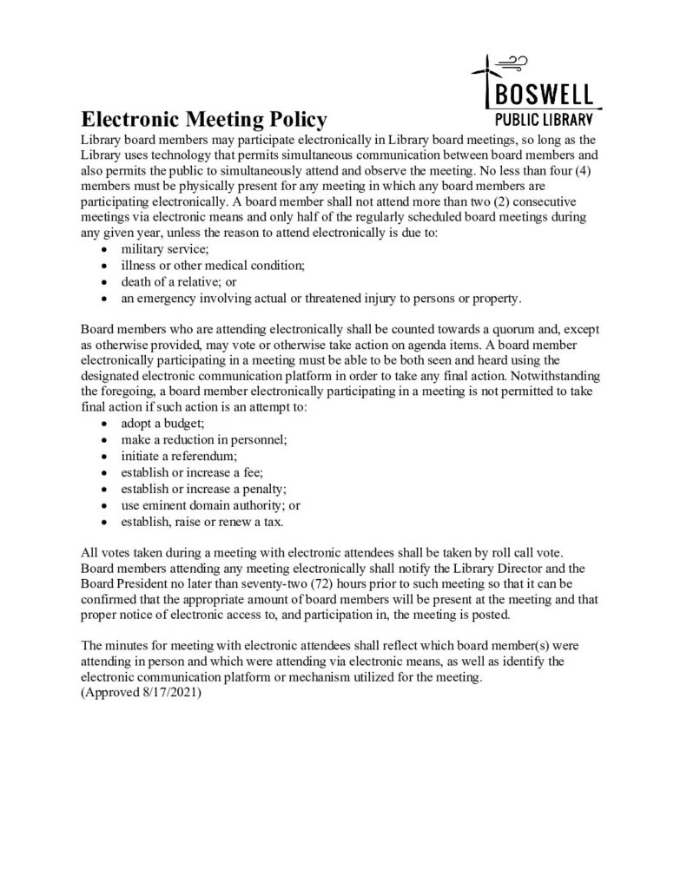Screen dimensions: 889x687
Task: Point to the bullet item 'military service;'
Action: tap(160, 248)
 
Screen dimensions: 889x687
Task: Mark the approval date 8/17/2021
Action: tap(169, 694)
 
